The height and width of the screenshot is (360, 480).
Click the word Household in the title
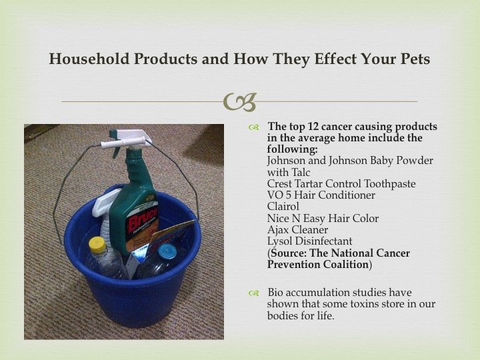[x=89, y=59]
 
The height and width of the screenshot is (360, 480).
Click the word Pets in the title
[x=415, y=59]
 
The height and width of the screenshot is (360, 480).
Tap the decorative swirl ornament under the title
[x=239, y=102]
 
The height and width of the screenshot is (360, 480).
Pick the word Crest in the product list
[x=279, y=184]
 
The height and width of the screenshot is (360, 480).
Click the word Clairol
[x=283, y=206]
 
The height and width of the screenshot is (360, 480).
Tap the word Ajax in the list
[x=277, y=229]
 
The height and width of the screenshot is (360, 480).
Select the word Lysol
[x=279, y=241]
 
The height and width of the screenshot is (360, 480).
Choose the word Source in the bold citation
[x=289, y=253]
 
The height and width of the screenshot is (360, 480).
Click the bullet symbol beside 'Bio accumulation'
[x=254, y=293]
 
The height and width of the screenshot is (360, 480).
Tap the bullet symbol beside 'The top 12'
[x=254, y=127]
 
